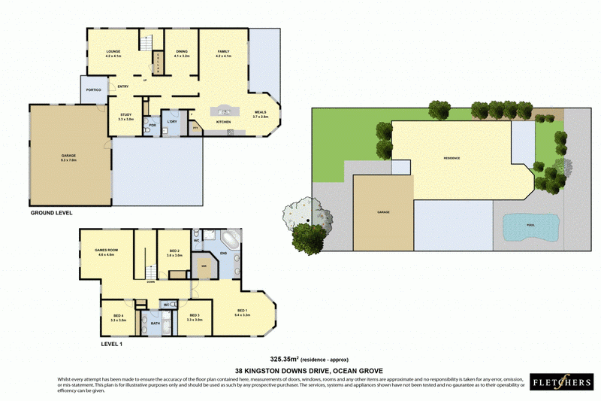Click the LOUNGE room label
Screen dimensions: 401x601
(113, 51)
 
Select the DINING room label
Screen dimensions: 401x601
(183, 51)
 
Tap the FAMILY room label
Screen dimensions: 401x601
(224, 51)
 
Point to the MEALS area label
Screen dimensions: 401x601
(260, 112)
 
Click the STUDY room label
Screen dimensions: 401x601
(125, 114)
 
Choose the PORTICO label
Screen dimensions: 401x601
(94, 90)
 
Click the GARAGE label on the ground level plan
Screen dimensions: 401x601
(68, 156)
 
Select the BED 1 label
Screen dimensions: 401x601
(243, 310)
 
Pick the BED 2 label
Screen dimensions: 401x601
(174, 251)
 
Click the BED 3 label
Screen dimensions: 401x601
(195, 315)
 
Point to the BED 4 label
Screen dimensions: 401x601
(117, 315)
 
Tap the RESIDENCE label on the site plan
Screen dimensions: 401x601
(451, 158)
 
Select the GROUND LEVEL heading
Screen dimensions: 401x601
(51, 213)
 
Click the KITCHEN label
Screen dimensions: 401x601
(223, 122)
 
